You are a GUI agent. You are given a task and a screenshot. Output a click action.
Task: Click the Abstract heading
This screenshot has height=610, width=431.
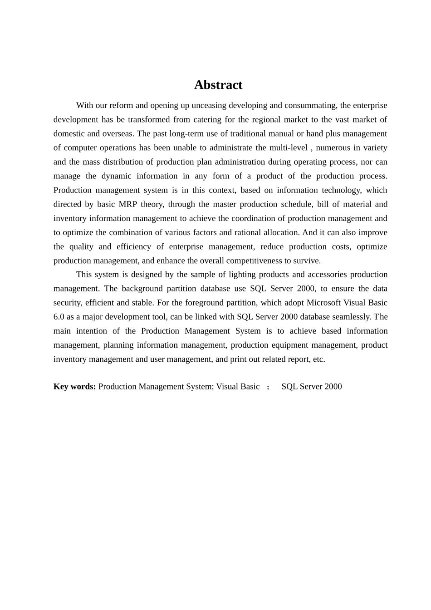pyautogui.click(x=218, y=85)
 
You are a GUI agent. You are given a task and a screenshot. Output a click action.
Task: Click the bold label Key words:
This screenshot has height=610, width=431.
pyautogui.click(x=74, y=386)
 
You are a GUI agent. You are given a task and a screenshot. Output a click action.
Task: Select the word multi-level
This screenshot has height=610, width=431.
pyautogui.click(x=289, y=148)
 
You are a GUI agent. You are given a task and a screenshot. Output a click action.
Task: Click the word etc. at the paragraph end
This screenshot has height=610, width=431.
pyautogui.click(x=319, y=359)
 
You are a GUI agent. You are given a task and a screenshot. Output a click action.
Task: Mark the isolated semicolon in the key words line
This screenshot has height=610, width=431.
pyautogui.click(x=268, y=387)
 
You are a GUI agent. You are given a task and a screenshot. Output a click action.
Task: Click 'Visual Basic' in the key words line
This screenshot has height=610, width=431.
pyautogui.click(x=238, y=386)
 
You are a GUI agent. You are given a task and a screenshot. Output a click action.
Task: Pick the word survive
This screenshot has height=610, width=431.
pyautogui.click(x=308, y=261)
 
